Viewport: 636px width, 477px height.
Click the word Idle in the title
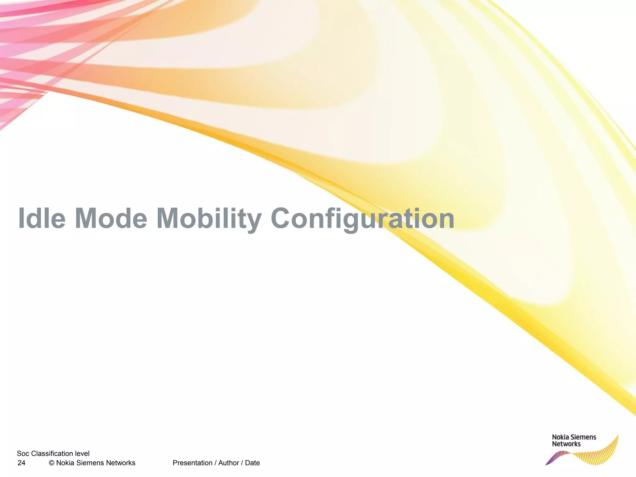[42, 218]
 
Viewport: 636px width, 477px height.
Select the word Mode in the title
[111, 218]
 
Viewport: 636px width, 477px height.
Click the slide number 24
[21, 463]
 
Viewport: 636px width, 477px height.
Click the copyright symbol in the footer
[52, 463]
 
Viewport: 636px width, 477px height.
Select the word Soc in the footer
[23, 454]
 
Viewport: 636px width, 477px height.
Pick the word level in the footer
[82, 454]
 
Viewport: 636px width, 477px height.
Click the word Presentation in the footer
[192, 463]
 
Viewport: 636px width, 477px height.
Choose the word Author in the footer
[229, 463]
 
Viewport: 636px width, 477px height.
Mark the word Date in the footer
[252, 463]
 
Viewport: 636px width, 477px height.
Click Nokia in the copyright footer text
[65, 463]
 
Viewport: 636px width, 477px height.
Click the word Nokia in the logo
[561, 437]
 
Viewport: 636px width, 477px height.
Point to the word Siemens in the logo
[584, 437]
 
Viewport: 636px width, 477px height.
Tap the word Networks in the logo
[566, 444]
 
